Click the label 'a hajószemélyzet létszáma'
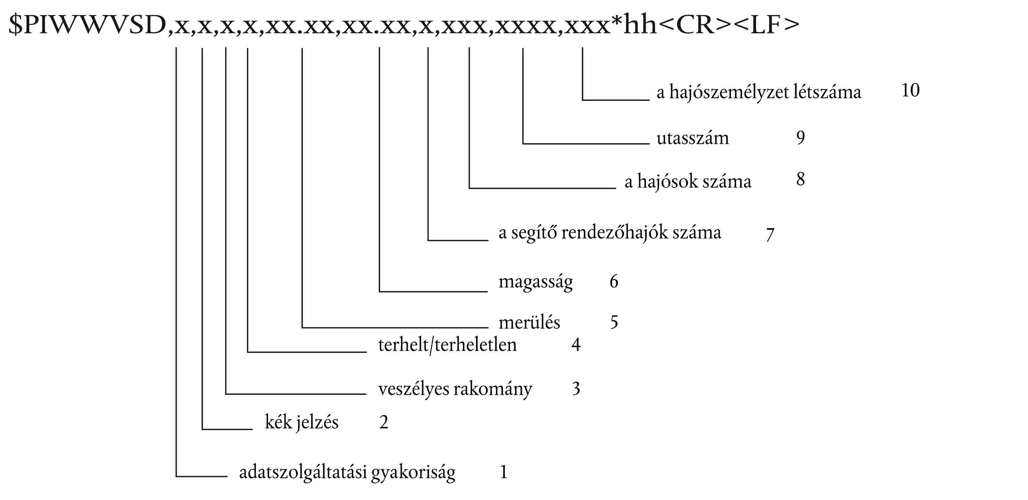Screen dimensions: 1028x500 click(759, 92)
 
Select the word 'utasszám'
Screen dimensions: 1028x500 click(692, 138)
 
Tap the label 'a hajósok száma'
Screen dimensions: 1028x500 click(687, 182)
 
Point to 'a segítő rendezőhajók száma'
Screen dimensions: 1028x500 click(610, 233)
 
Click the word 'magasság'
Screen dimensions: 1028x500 click(535, 282)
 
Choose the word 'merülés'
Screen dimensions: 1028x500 click(529, 322)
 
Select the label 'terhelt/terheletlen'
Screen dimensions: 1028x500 click(447, 345)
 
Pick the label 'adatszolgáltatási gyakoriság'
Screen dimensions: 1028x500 click(347, 473)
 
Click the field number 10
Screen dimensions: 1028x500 click(910, 90)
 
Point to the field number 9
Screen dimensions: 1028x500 click(800, 138)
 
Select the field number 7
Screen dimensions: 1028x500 click(770, 234)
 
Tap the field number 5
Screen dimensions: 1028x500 click(614, 322)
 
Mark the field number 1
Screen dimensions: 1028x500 click(504, 472)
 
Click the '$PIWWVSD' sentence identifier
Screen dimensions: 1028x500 click(87, 24)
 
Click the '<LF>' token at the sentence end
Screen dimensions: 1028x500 click(767, 24)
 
